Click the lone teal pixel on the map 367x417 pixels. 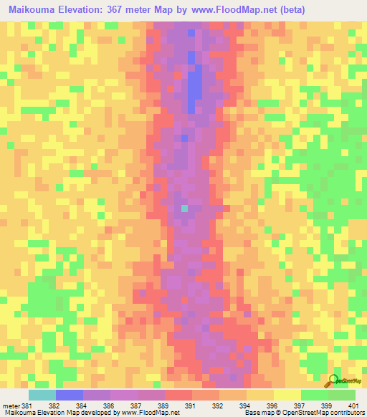pos(184,208)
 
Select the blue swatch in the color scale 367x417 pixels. pos(69,395)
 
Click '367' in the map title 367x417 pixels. pos(135,10)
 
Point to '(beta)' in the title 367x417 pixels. pos(305,10)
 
